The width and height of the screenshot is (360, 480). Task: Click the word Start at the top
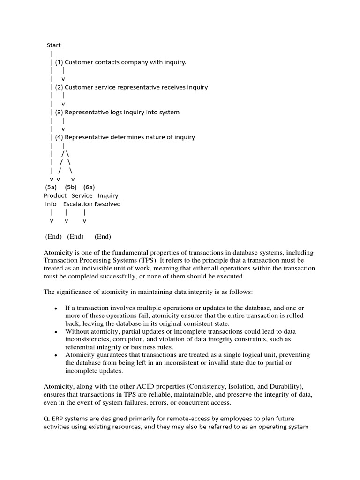point(53,45)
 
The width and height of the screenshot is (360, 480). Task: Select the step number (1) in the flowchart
point(59,62)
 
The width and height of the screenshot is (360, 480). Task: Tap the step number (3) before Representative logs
point(59,112)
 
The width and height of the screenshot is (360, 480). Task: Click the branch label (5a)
point(51,187)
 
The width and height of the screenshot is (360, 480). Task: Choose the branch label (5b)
point(71,187)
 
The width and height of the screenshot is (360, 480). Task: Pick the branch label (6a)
point(90,187)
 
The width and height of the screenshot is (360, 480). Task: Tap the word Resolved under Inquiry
point(107,204)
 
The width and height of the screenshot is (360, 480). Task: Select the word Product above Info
point(55,195)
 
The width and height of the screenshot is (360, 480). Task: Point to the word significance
point(73,292)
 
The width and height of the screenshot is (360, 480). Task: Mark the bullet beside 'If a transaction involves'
point(56,308)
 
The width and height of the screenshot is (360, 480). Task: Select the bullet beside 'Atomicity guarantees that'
point(56,356)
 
